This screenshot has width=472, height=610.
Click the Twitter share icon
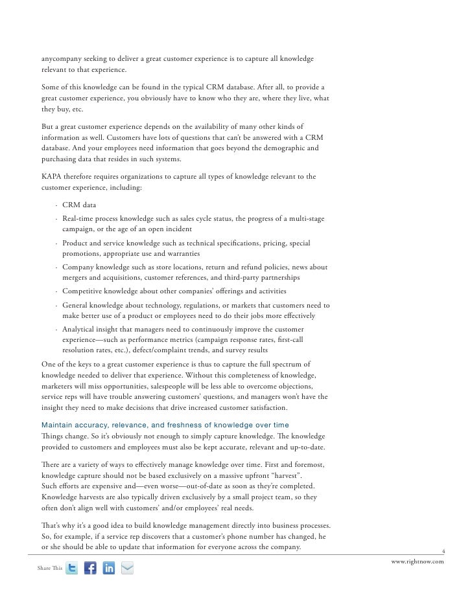click(x=72, y=569)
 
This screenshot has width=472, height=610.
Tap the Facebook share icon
click(x=90, y=569)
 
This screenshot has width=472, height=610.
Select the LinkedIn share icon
click(x=109, y=569)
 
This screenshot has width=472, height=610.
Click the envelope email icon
click(x=128, y=569)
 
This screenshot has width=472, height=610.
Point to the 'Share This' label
click(x=50, y=569)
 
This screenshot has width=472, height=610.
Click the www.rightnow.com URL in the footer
click(x=418, y=562)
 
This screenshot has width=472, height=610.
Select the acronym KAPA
click(x=52, y=177)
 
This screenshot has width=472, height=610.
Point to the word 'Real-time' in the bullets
click(x=78, y=219)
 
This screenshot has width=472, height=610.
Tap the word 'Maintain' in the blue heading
click(x=56, y=425)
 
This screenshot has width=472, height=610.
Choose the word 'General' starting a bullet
click(x=77, y=305)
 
